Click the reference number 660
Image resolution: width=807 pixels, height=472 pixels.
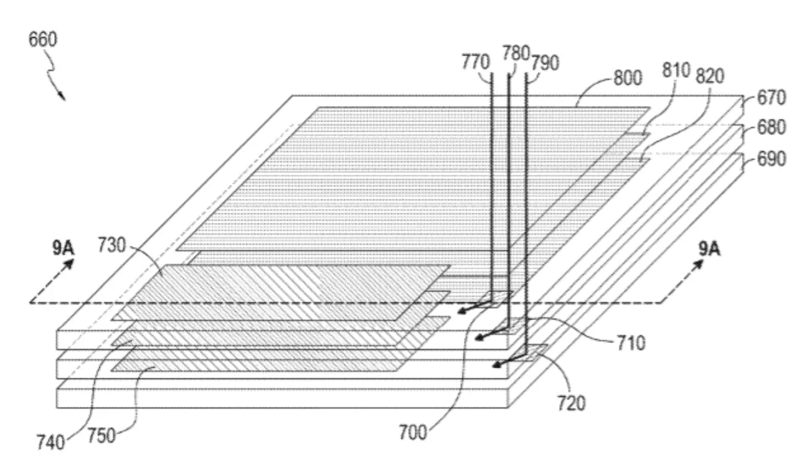(x=42, y=40)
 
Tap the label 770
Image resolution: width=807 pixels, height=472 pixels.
(x=475, y=63)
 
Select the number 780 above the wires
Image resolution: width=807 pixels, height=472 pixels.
(x=516, y=52)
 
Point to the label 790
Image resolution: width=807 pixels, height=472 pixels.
(x=545, y=63)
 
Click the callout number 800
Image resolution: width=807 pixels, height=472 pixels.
(x=628, y=78)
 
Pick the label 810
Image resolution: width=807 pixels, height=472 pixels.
(x=676, y=70)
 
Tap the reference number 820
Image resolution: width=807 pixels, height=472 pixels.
(x=710, y=76)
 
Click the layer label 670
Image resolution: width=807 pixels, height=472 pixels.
(x=771, y=97)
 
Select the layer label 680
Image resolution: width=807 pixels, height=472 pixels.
(x=771, y=127)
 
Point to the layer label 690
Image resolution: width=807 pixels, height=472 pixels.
(x=771, y=159)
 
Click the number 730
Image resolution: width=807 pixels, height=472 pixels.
(x=112, y=245)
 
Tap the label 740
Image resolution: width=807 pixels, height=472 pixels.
(x=51, y=442)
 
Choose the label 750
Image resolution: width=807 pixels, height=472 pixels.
(x=102, y=436)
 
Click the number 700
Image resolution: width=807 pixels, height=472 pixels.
(x=413, y=432)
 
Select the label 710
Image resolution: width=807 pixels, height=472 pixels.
(x=631, y=343)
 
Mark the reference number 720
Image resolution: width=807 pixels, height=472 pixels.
(x=571, y=403)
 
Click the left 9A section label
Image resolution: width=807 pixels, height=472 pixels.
(x=63, y=248)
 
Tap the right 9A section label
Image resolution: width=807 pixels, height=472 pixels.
(x=709, y=249)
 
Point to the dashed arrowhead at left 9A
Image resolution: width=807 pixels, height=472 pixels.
(x=69, y=264)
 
